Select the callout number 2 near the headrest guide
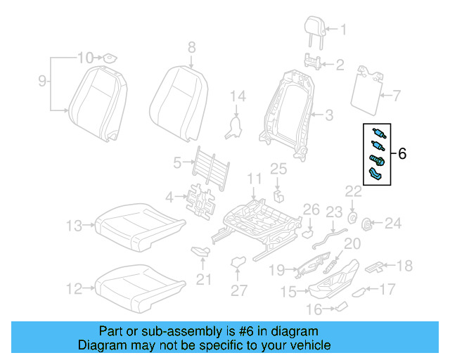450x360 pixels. (340, 65)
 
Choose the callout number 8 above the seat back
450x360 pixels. (191, 48)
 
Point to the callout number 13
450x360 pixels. (75, 226)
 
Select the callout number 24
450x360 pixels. (392, 224)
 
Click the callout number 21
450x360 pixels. (203, 281)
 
